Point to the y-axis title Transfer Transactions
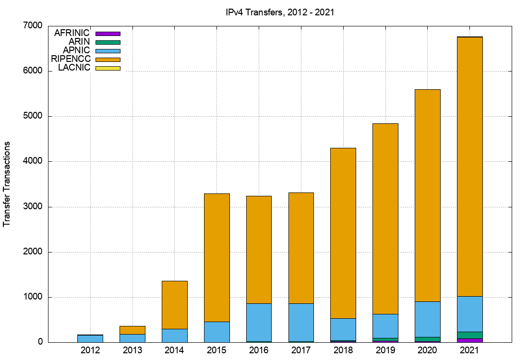7,184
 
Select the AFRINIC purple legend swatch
108,34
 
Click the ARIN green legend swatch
108,42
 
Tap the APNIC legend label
76,50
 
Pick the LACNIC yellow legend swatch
108,68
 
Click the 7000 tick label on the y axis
33,25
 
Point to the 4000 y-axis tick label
33,161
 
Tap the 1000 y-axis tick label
33,297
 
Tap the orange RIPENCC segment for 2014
174,305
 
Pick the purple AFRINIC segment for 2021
470,340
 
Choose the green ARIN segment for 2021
470,335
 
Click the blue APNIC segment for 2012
90,338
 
